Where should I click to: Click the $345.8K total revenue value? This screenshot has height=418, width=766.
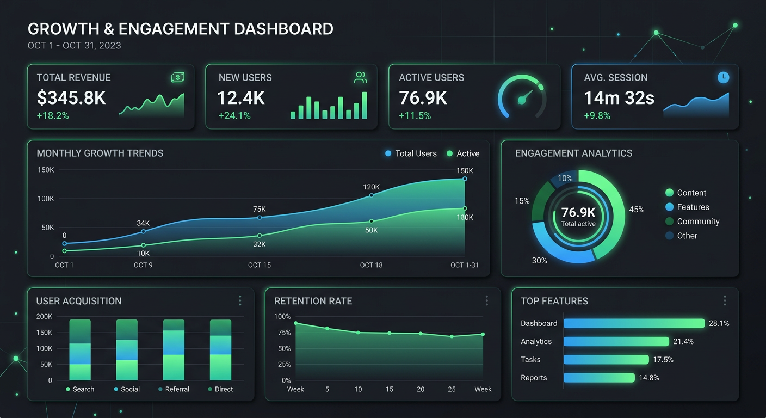pyautogui.click(x=71, y=98)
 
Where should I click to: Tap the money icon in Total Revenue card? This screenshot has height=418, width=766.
pyautogui.click(x=178, y=78)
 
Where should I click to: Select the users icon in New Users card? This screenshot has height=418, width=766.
pyautogui.click(x=360, y=78)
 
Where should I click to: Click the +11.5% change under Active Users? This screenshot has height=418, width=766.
pyautogui.click(x=415, y=115)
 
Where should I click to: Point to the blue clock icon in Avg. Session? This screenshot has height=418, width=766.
pyautogui.click(x=723, y=78)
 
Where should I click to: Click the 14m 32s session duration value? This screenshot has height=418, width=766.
pyautogui.click(x=619, y=98)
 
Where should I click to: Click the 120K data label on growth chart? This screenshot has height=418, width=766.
pyautogui.click(x=371, y=187)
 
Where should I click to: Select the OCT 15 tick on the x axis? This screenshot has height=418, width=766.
pyautogui.click(x=259, y=265)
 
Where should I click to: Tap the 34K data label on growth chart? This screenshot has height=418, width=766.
pyautogui.click(x=143, y=223)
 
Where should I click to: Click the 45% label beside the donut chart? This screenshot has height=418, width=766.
pyautogui.click(x=637, y=210)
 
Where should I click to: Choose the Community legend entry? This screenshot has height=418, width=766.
pyautogui.click(x=692, y=222)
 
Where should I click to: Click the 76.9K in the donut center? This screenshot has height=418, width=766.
pyautogui.click(x=578, y=212)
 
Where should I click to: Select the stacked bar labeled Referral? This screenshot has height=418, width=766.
pyautogui.click(x=174, y=349)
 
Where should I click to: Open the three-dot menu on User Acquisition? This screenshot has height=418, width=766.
pyautogui.click(x=240, y=301)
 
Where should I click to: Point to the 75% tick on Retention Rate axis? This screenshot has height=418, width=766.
pyautogui.click(x=282, y=333)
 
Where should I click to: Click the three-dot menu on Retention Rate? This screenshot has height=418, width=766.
pyautogui.click(x=486, y=301)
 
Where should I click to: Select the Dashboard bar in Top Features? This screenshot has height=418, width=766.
pyautogui.click(x=634, y=323)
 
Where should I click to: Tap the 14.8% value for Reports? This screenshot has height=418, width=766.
pyautogui.click(x=648, y=378)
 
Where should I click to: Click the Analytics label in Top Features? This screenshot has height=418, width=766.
pyautogui.click(x=536, y=341)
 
